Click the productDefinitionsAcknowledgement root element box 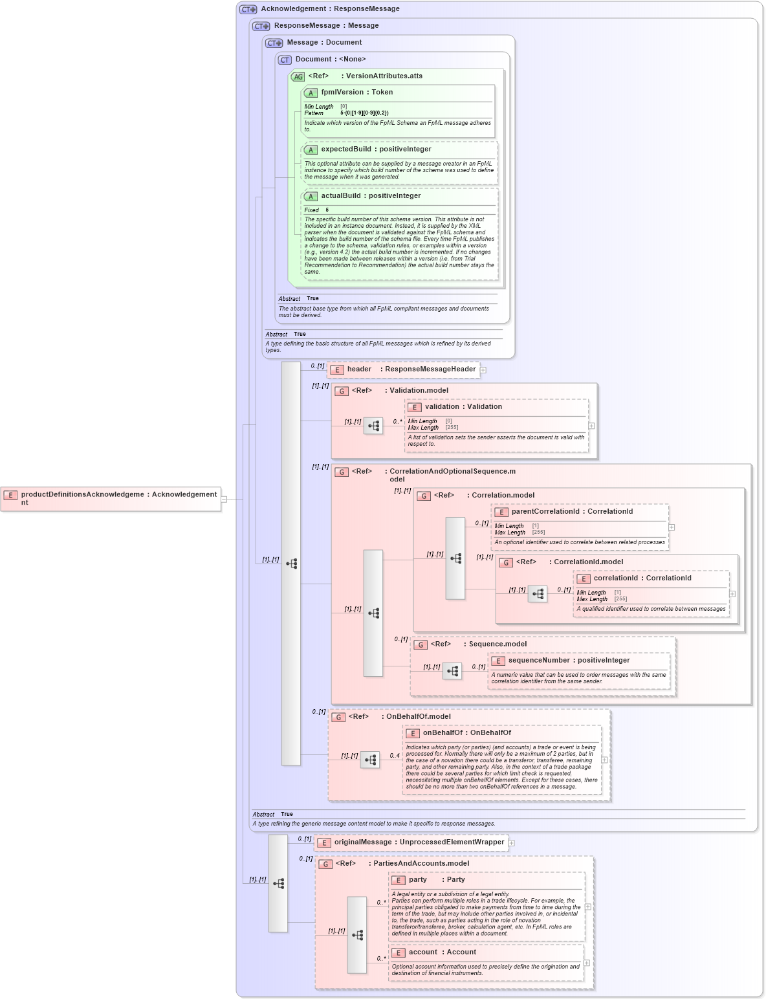[x=111, y=498]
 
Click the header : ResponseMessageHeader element [x=404, y=369]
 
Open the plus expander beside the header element [x=483, y=370]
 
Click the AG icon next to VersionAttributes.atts [x=298, y=77]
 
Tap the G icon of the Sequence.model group [x=421, y=644]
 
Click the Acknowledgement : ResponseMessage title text [x=330, y=9]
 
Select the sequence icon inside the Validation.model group [x=373, y=426]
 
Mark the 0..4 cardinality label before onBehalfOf [x=394, y=755]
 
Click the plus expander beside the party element [x=587, y=906]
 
